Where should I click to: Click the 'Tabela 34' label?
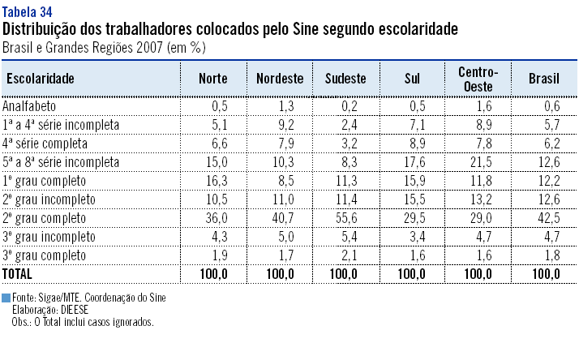coord(29,10)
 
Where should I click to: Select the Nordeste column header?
coord(280,79)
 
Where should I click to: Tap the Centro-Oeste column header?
coord(478,79)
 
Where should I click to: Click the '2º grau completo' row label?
coord(45,217)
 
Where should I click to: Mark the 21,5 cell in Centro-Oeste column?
coord(482,161)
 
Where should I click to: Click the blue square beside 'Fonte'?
coord(6,298)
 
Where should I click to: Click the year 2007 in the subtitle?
coord(148,47)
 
